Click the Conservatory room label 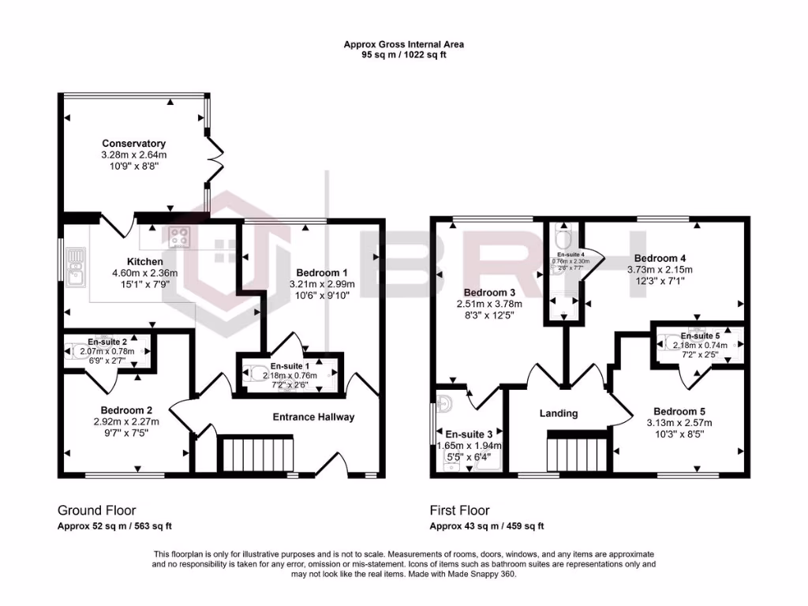[x=133, y=144]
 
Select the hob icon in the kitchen [x=178, y=235]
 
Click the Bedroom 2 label [x=125, y=410]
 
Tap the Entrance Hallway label [x=313, y=417]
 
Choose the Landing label [x=558, y=413]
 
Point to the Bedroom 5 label [x=679, y=411]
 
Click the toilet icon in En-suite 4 [x=563, y=237]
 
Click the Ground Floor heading [x=91, y=511]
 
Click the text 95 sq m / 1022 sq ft [x=403, y=56]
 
